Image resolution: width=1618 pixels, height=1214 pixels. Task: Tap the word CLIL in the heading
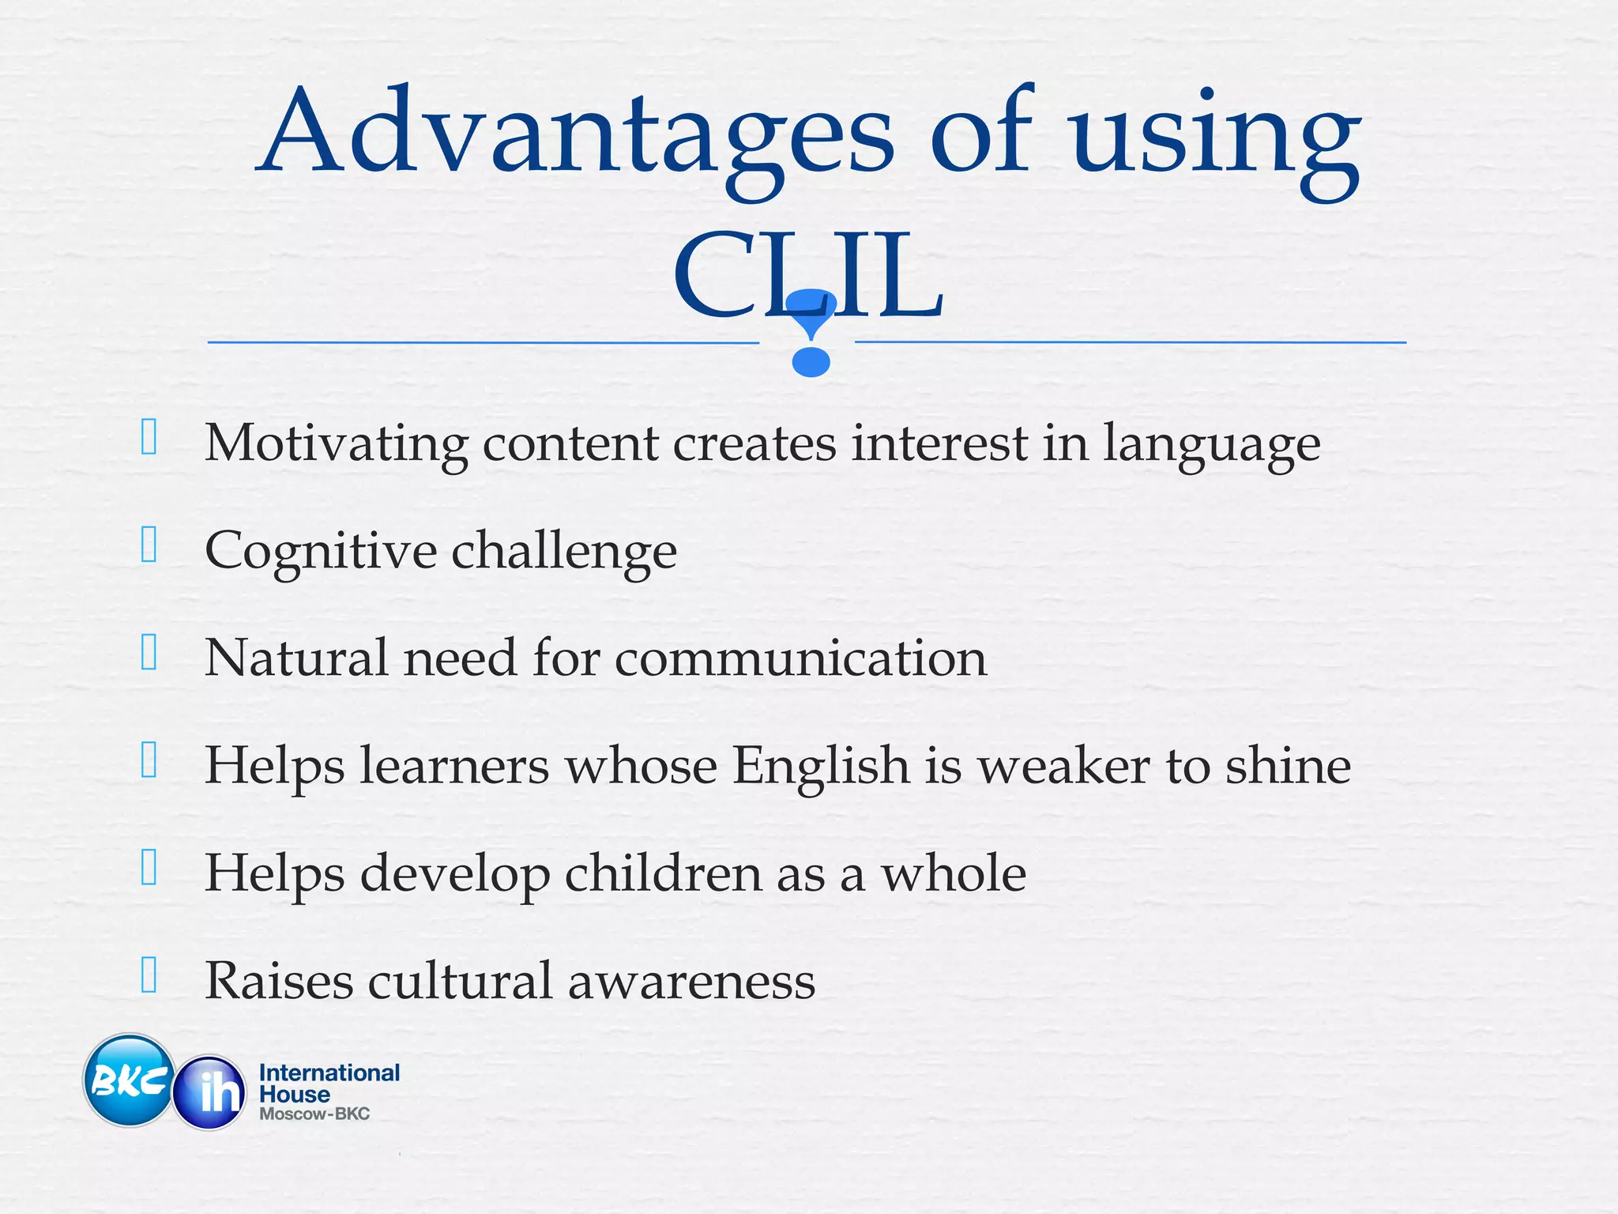807,274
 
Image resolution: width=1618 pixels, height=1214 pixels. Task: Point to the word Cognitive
320,552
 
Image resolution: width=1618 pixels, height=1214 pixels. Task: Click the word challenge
564,552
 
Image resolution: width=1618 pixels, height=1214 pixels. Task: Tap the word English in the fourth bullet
821,767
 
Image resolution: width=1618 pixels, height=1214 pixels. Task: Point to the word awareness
691,982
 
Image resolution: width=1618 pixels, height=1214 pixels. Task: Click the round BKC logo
129,1080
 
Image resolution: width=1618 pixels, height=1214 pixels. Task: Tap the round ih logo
210,1092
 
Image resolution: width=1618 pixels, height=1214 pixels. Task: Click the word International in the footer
329,1073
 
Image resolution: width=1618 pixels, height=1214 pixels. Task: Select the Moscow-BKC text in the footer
314,1114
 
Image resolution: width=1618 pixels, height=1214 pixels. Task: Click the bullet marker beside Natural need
149,653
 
